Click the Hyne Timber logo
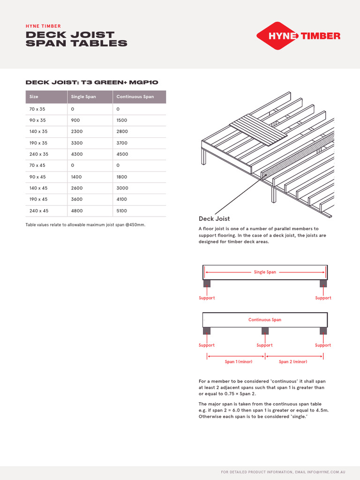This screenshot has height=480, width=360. click(x=298, y=36)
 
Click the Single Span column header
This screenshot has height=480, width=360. click(x=83, y=97)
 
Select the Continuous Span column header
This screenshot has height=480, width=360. click(x=135, y=97)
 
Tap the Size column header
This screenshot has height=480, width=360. click(x=34, y=97)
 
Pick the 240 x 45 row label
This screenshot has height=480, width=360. click(x=39, y=211)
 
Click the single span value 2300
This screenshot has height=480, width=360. click(x=76, y=132)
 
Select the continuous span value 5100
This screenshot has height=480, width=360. click(x=122, y=211)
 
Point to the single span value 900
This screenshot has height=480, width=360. click(x=75, y=120)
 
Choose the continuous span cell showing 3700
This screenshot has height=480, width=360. click(x=122, y=143)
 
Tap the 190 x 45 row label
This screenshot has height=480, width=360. click(x=39, y=200)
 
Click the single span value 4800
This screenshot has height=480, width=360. click(x=76, y=211)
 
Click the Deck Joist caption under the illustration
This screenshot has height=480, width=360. click(x=214, y=219)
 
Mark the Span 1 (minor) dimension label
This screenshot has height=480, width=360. click(x=235, y=362)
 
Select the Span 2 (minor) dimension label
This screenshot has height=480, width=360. click(x=293, y=362)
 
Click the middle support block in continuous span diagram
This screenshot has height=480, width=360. click(x=265, y=331)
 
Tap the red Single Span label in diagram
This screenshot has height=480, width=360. click(x=265, y=272)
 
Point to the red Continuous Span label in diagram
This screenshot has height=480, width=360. click(x=265, y=320)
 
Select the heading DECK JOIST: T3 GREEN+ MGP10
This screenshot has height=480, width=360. click(x=92, y=82)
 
